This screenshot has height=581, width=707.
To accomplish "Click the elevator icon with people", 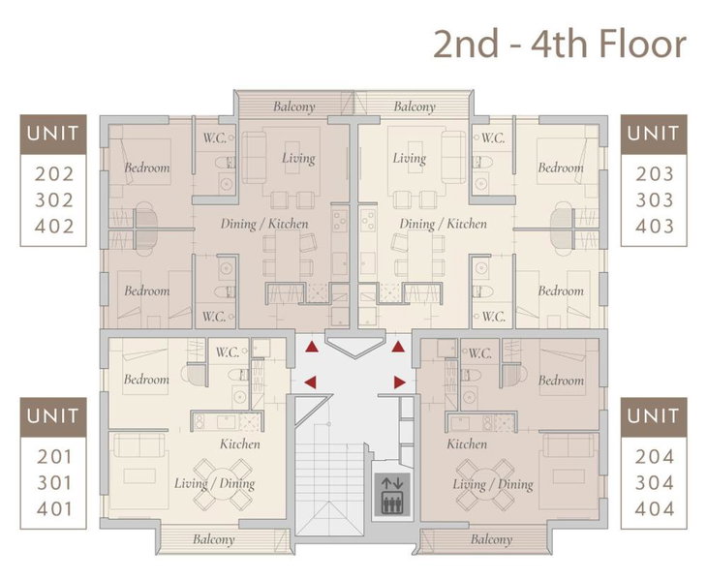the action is pos(392,495).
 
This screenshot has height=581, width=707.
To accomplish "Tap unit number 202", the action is pos(54,174).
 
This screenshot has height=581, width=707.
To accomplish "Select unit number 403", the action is pos(655,226).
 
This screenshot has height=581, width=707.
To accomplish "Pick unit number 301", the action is pos(54,483).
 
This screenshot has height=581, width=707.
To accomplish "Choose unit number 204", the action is pos(655,457).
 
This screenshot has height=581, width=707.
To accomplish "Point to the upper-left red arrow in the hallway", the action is pos(312,347).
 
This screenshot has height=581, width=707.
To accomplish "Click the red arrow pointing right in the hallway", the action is pos(399,382).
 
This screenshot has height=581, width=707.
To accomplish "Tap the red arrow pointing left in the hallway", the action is pos(310,382).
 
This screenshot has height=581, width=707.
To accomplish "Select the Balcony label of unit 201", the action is pos(214,539).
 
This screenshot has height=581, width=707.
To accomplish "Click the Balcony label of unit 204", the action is pos(491,539).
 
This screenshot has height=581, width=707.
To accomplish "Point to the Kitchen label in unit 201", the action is pos(240,443).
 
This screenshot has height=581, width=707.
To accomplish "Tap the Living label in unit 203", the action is pos(410,158).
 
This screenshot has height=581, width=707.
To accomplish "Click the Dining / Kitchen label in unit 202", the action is pos(264,224).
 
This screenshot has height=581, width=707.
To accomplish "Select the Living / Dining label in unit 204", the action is pos(493,484).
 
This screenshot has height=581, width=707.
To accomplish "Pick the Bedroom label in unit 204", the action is pos(561,381).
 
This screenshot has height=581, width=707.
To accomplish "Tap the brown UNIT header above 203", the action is pos(654,134).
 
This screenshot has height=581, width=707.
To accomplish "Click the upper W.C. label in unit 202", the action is pos(215,138).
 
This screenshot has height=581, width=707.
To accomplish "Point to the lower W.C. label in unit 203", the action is pos(493,317).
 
